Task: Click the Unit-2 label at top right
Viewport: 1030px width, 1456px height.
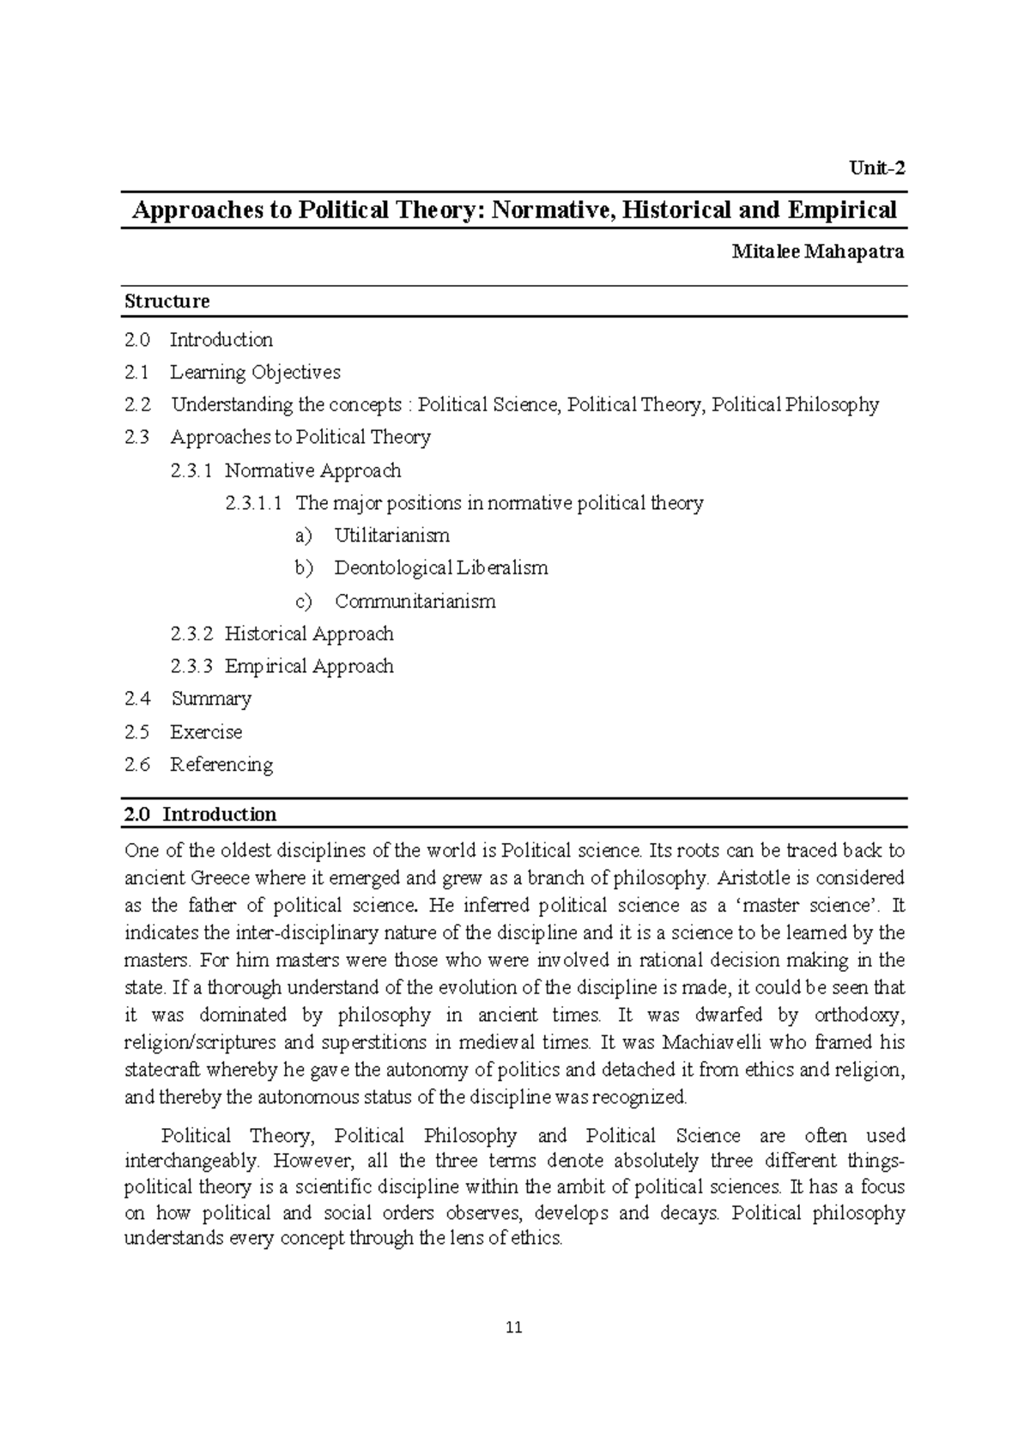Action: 876,168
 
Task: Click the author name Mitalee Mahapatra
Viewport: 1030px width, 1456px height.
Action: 817,252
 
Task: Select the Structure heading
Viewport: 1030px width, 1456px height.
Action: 167,301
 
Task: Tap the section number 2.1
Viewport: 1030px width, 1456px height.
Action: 136,373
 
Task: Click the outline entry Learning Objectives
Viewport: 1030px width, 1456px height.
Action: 255,373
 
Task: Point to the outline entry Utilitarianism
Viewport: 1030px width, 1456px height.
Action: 391,536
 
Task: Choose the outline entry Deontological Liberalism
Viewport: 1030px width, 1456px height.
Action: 440,568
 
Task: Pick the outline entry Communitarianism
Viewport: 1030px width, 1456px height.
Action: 415,602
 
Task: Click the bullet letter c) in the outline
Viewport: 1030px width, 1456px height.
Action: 303,602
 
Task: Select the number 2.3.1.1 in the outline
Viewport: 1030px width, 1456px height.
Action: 253,503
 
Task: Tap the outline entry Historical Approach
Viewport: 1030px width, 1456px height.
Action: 309,634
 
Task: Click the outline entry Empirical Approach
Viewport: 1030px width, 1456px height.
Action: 309,667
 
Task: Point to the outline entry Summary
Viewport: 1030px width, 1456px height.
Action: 211,699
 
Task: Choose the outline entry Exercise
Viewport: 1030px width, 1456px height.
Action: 206,732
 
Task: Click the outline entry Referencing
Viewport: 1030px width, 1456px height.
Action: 221,765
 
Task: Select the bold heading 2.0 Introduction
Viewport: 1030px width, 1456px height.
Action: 200,815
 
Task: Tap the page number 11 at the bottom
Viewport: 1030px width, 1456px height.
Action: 514,1328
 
